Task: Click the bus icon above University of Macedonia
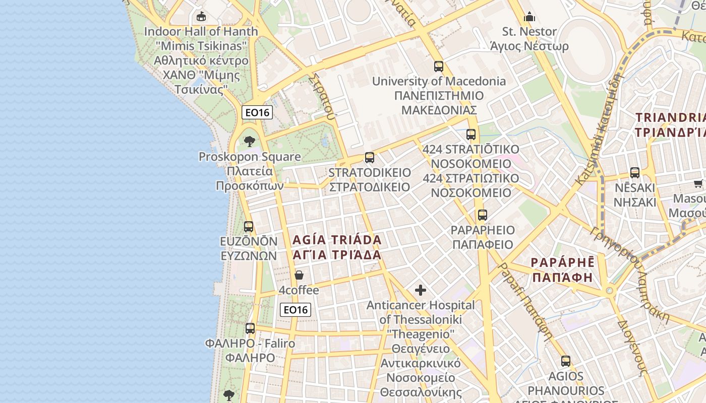tap(439, 66)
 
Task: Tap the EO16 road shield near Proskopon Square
tap(257, 112)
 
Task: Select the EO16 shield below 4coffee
tap(296, 310)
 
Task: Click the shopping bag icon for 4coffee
tap(299, 275)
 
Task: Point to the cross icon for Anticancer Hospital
tap(421, 290)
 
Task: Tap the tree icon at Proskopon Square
tap(249, 141)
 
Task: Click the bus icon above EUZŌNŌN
tap(249, 226)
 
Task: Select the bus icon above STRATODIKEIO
tap(370, 157)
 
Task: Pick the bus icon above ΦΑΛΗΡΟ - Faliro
tap(250, 328)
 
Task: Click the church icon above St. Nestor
tap(529, 17)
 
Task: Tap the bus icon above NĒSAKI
tap(635, 172)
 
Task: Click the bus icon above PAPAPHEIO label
tap(483, 215)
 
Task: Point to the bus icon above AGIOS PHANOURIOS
tap(566, 361)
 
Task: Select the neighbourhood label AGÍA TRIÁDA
tap(337, 240)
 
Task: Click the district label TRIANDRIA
tap(671, 117)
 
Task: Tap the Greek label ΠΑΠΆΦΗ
tap(562, 278)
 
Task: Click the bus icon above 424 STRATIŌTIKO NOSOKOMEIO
tap(471, 135)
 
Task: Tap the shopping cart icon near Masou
tap(698, 183)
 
